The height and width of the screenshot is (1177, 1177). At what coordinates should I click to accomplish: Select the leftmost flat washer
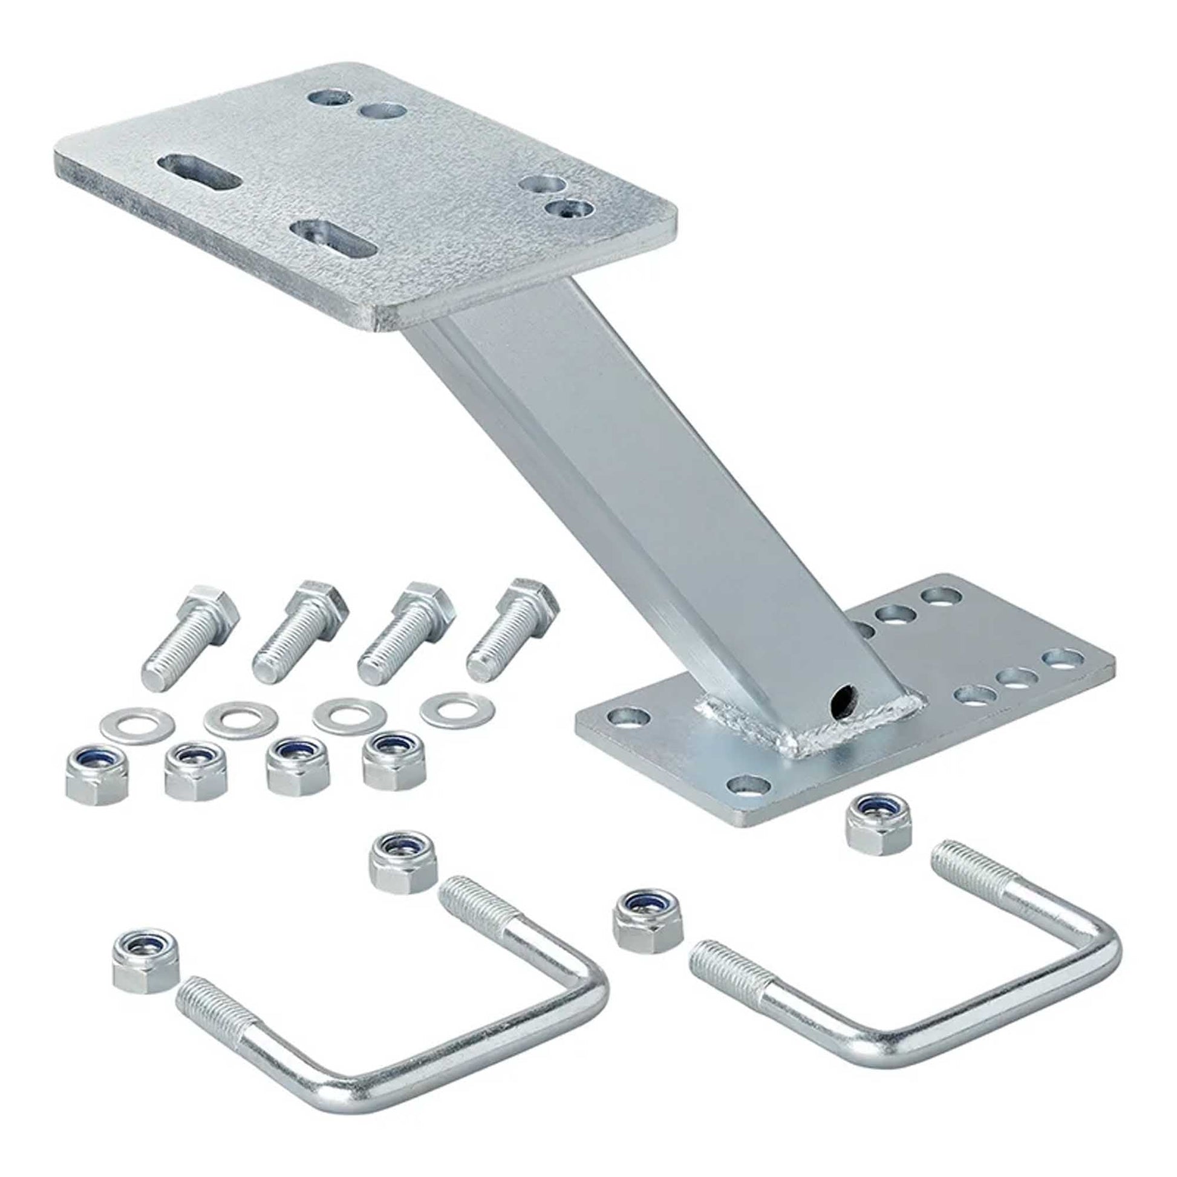pos(137,723)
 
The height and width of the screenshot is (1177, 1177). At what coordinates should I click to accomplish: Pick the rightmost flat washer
pos(456,709)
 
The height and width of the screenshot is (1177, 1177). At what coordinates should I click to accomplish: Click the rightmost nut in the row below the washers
pos(394,759)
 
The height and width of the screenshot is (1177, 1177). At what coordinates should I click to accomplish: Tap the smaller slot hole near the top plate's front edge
pos(333,240)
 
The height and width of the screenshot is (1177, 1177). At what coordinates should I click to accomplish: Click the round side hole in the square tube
pos(841,694)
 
